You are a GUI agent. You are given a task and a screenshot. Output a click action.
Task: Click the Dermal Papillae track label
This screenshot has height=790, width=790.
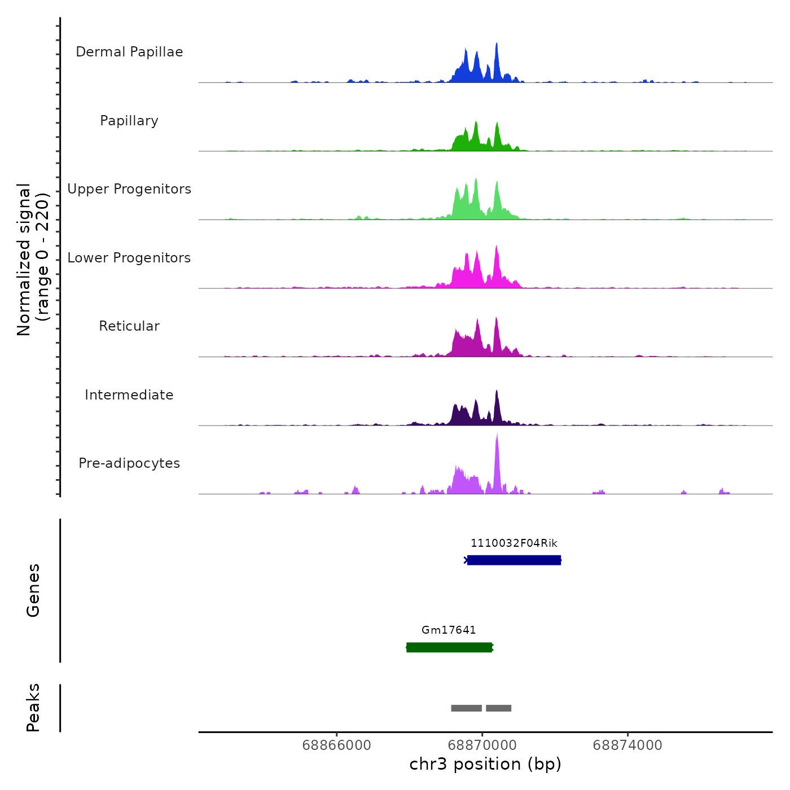click(x=129, y=52)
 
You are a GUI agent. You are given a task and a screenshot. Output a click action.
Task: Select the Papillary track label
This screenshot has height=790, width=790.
click(x=129, y=121)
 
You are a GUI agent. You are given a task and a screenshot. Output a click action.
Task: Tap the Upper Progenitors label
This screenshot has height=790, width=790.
click(x=129, y=189)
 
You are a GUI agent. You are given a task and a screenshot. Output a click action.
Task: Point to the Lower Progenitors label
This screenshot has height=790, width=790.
click(x=129, y=258)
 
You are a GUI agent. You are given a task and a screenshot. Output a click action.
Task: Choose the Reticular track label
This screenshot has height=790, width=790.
click(x=129, y=326)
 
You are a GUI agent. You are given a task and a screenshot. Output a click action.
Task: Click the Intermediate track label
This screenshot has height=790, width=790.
click(x=129, y=395)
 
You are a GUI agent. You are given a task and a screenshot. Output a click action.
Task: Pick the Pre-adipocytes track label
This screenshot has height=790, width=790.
click(x=129, y=463)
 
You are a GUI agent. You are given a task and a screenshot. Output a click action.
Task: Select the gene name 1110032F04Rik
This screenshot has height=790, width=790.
click(x=514, y=543)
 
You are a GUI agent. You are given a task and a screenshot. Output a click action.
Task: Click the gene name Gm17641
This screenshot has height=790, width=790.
click(x=449, y=630)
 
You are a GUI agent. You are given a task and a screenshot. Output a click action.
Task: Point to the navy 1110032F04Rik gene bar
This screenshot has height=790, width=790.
click(x=514, y=560)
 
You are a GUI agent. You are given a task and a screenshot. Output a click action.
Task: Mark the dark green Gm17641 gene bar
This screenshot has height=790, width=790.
click(x=449, y=647)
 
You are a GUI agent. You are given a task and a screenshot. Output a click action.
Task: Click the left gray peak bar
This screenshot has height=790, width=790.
click(x=466, y=708)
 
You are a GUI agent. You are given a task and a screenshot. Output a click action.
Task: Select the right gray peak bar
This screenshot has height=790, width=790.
click(x=498, y=708)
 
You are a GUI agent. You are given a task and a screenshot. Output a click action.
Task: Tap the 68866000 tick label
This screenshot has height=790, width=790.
click(x=337, y=745)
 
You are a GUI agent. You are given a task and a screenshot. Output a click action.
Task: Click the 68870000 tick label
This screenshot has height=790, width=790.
click(x=482, y=745)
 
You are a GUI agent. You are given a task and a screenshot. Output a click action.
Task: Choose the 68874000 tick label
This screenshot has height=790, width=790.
click(x=627, y=745)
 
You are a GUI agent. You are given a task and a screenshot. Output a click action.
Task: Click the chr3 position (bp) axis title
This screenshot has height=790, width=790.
click(x=485, y=764)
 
